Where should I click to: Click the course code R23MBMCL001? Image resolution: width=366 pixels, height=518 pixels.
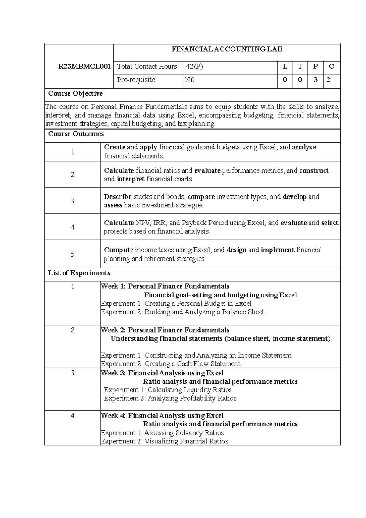(x=84, y=67)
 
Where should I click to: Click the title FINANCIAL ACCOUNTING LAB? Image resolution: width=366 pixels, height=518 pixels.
(x=227, y=49)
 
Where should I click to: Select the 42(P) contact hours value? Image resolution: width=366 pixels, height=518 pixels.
(x=194, y=67)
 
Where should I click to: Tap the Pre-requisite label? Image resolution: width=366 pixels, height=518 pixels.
(x=136, y=80)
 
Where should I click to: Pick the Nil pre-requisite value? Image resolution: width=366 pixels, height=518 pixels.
(x=189, y=80)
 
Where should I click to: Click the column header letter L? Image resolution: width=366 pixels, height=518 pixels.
(x=285, y=67)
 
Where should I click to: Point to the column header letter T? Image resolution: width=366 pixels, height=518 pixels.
(x=300, y=67)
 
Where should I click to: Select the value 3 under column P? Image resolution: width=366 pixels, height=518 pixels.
(x=315, y=80)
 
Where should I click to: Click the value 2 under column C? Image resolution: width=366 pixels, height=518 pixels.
(x=328, y=80)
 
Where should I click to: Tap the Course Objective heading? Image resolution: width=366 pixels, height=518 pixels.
(x=76, y=93)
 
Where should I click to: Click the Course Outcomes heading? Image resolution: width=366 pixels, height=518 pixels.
(x=76, y=134)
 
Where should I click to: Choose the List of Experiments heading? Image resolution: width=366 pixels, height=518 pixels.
(x=79, y=273)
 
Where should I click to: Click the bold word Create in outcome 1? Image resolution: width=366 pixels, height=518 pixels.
(x=115, y=147)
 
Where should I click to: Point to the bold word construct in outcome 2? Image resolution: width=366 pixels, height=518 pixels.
(x=314, y=170)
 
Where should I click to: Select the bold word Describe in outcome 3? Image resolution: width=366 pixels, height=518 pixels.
(x=118, y=197)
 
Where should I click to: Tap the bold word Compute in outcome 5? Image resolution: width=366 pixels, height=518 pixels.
(x=119, y=250)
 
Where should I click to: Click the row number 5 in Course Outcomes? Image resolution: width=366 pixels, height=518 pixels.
(x=73, y=254)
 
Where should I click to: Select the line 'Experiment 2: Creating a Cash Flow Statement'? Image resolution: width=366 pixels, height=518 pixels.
(x=170, y=364)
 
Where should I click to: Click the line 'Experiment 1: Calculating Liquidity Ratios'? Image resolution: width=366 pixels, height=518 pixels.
(x=168, y=390)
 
